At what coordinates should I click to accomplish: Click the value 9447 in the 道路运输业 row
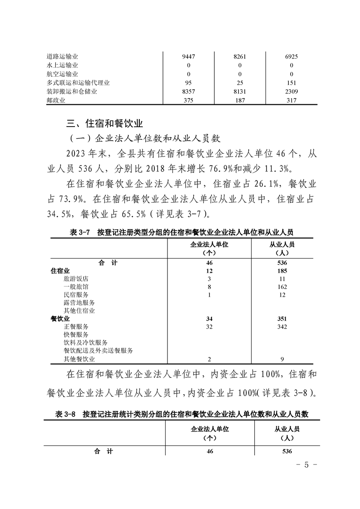pos(188,57)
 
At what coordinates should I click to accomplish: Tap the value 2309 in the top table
pos(291,92)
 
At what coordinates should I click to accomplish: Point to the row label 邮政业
pos(56,100)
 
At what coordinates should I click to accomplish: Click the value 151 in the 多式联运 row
pos(291,83)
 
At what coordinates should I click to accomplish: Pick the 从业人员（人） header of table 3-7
pos(282,248)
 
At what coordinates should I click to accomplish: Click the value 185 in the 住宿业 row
pos(282,271)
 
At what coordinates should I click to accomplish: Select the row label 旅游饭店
pos(76,279)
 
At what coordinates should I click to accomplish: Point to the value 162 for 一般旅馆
pos(282,287)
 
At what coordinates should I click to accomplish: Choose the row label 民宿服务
pos(76,295)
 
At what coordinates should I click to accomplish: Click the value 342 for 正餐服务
pos(282,327)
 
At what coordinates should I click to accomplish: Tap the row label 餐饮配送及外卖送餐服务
pos(98,351)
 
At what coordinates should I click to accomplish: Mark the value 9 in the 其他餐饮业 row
pos(282,359)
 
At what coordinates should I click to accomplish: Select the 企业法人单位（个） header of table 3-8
pos(209,433)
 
